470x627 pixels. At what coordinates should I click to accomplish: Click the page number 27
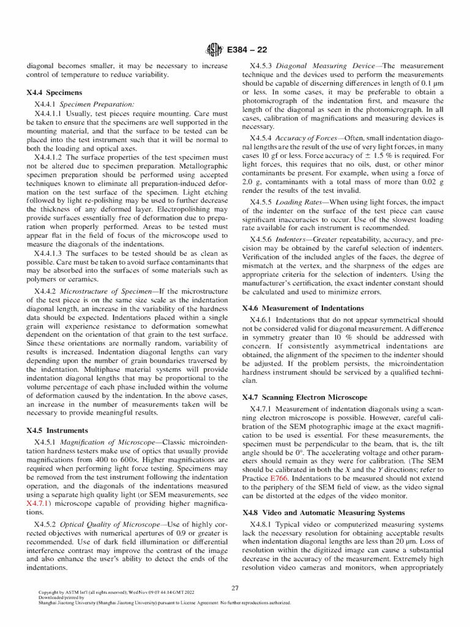pyautogui.click(x=234, y=588)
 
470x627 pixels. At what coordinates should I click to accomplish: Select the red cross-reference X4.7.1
pyautogui.click(x=40, y=503)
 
